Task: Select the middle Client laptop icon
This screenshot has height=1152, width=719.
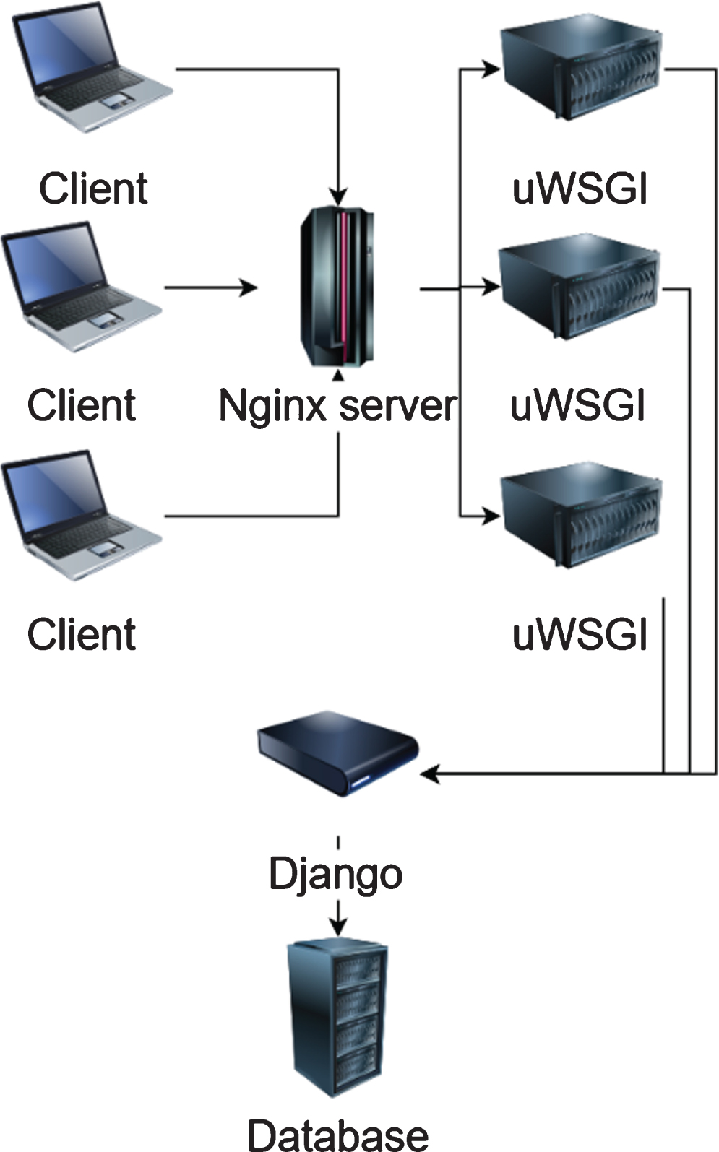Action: tap(82, 287)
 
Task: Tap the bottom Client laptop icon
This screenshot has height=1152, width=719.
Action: tap(82, 515)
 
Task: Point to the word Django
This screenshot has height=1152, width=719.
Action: tap(335, 874)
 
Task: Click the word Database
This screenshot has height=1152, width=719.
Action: tap(338, 1135)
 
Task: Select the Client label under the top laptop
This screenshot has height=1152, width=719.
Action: tap(93, 189)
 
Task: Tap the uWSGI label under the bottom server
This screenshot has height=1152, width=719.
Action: tap(580, 634)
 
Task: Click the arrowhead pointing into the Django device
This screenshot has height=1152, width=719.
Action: tap(430, 773)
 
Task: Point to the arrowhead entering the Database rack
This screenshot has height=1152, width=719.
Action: tap(338, 927)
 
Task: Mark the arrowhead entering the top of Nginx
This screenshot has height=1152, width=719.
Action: tap(338, 197)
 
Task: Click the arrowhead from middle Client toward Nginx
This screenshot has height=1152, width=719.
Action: tap(248, 287)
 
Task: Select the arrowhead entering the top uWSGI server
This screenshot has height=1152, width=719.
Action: tap(491, 69)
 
